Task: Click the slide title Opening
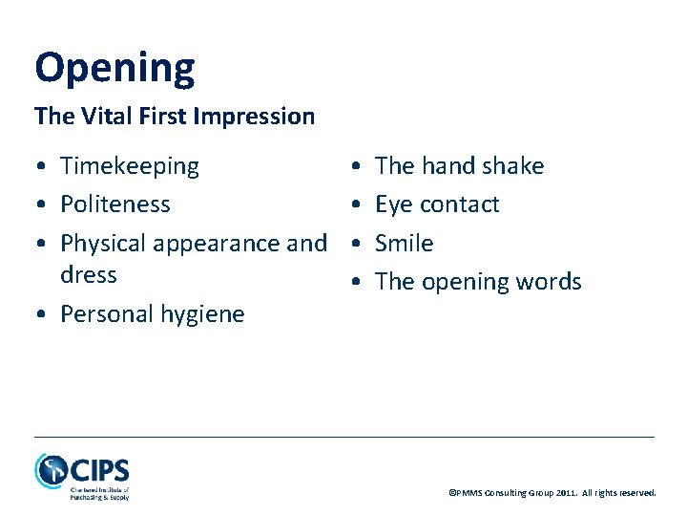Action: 114,68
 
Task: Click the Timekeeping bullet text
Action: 130,166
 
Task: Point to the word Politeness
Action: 115,204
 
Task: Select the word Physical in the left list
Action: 101,244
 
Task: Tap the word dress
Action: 88,275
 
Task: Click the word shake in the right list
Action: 513,166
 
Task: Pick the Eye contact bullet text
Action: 437,204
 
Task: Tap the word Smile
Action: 405,244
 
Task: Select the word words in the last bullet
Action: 547,282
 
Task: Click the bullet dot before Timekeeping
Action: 42,167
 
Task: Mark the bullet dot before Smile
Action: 356,245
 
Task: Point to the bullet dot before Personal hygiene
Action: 42,315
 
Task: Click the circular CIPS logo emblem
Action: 52,470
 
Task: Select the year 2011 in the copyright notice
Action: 563,493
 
